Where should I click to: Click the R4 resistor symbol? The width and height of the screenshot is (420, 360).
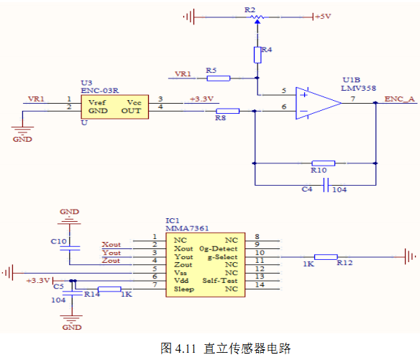coord(257,55)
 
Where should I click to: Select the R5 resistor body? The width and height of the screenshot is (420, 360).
coord(219,78)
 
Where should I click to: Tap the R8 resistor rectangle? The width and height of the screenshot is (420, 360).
coord(228,111)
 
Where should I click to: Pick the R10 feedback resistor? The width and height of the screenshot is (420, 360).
coord(324,163)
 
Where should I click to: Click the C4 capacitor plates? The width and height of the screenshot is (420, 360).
coord(326,185)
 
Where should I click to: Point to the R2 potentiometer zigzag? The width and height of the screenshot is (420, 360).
coord(257,17)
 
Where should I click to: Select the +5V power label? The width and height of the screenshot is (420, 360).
coord(323,17)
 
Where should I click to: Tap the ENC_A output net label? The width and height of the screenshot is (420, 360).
coord(399,99)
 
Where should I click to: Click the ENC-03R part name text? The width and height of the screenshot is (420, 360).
coord(100,91)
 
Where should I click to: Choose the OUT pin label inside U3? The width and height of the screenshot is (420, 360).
coord(131,111)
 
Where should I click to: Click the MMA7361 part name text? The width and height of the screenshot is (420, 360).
coord(187,228)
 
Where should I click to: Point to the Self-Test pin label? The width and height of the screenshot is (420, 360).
coord(220,281)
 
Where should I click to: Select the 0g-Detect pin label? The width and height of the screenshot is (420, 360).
coord(219,248)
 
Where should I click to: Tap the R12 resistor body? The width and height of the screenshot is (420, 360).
coord(326,257)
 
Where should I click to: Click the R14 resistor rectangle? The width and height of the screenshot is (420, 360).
coord(109,289)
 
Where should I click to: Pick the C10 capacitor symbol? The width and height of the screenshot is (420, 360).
coord(70,248)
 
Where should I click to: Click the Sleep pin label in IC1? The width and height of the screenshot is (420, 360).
coord(184,289)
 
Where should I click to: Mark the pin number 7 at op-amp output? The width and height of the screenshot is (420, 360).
coord(353,99)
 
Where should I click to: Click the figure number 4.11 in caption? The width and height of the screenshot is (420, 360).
coord(186,348)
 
